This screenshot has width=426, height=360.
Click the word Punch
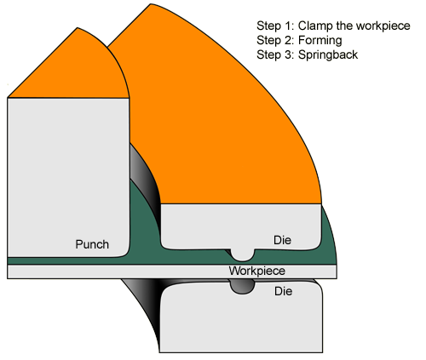pos(92,244)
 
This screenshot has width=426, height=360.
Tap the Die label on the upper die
pos(282,240)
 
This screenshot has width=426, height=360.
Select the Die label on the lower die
pos(283,291)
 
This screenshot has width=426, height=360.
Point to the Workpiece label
pos(257,271)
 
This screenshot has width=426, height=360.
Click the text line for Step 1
pos(333,26)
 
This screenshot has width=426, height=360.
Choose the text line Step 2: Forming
pos(299,40)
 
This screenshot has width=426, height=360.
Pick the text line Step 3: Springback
pos(308,54)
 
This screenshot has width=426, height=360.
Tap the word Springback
pos(328,54)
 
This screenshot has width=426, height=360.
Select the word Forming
pos(320,40)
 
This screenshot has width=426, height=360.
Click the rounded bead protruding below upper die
pos(242,255)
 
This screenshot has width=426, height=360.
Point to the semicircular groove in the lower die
pos(242,287)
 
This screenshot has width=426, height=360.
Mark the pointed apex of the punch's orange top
pos(78,28)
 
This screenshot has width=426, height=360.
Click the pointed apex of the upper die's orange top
pos(150,4)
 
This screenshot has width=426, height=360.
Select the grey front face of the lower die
pos(241,321)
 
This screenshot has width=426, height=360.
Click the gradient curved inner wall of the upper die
pos(145,181)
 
